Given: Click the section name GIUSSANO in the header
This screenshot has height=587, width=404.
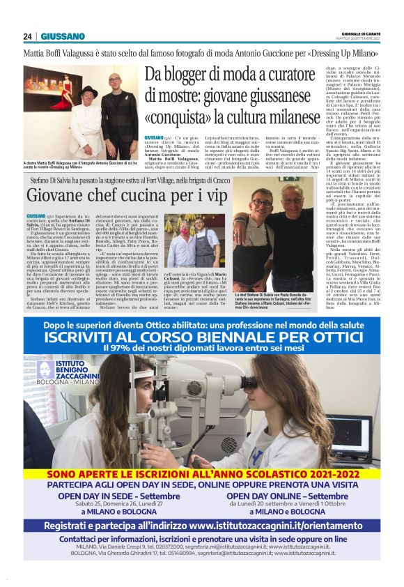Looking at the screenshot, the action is [x=63, y=36].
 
